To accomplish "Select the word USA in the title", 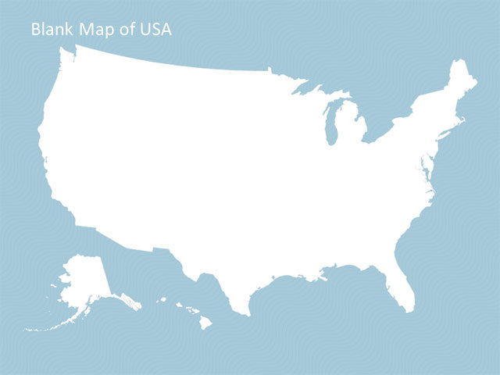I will (x=155, y=30).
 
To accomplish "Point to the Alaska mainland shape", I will (x=82, y=281).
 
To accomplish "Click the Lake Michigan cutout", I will (x=330, y=125).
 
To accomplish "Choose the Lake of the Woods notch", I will (x=270, y=70).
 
